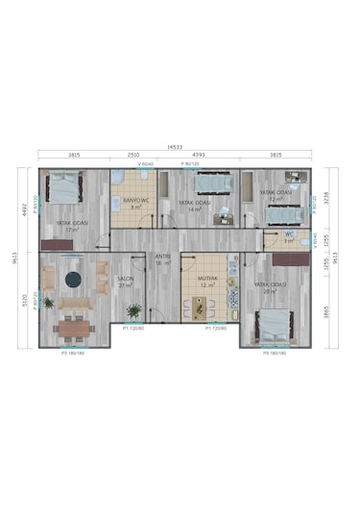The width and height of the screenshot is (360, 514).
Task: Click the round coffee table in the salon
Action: [73, 281]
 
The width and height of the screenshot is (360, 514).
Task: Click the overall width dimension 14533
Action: [175, 147]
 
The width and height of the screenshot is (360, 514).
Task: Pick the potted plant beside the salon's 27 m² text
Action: [133, 309]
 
